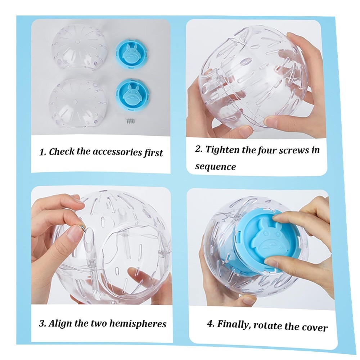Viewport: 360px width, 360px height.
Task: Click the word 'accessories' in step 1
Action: [117, 152]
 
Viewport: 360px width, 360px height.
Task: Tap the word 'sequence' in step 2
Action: [215, 167]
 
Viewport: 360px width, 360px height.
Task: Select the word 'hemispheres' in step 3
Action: [138, 324]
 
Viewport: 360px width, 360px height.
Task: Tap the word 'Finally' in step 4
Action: [234, 324]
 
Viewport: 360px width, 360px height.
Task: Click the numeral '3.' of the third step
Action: [43, 324]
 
